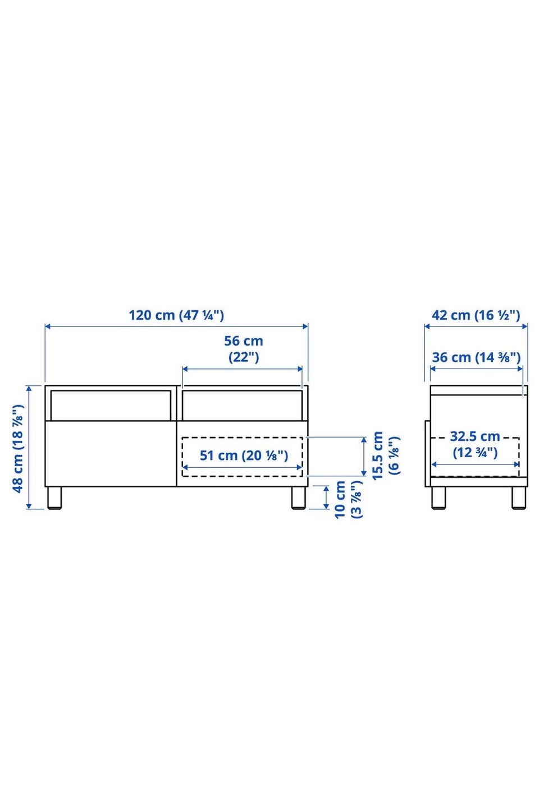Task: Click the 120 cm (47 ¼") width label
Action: point(176,315)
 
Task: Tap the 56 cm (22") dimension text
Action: point(243,349)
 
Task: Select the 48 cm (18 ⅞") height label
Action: point(18,448)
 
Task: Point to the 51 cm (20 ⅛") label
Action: point(244,455)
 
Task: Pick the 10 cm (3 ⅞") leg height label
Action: point(348,499)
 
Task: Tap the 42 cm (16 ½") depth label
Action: point(476,315)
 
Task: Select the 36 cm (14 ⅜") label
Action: point(476,357)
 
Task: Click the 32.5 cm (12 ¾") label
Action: point(475,444)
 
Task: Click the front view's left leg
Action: point(54,498)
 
